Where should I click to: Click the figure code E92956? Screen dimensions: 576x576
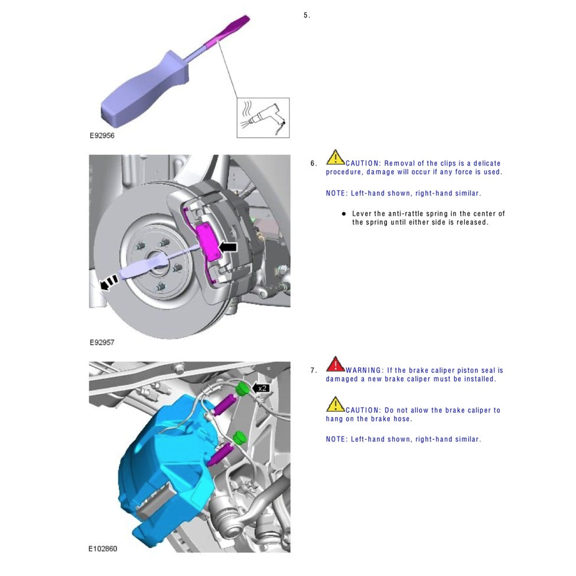102,135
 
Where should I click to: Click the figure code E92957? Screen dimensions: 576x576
102,342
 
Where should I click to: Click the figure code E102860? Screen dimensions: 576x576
104,549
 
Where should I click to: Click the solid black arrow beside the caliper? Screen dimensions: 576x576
229,246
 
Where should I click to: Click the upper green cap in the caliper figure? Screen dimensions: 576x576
241,388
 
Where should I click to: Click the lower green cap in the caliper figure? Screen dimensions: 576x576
239,438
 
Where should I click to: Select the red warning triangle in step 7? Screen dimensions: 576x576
335,363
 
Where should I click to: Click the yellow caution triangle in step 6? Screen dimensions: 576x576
335,157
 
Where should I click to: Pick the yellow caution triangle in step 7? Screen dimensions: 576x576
335,404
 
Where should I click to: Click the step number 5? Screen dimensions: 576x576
306,15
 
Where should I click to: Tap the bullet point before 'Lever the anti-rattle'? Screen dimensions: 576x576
343,213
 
